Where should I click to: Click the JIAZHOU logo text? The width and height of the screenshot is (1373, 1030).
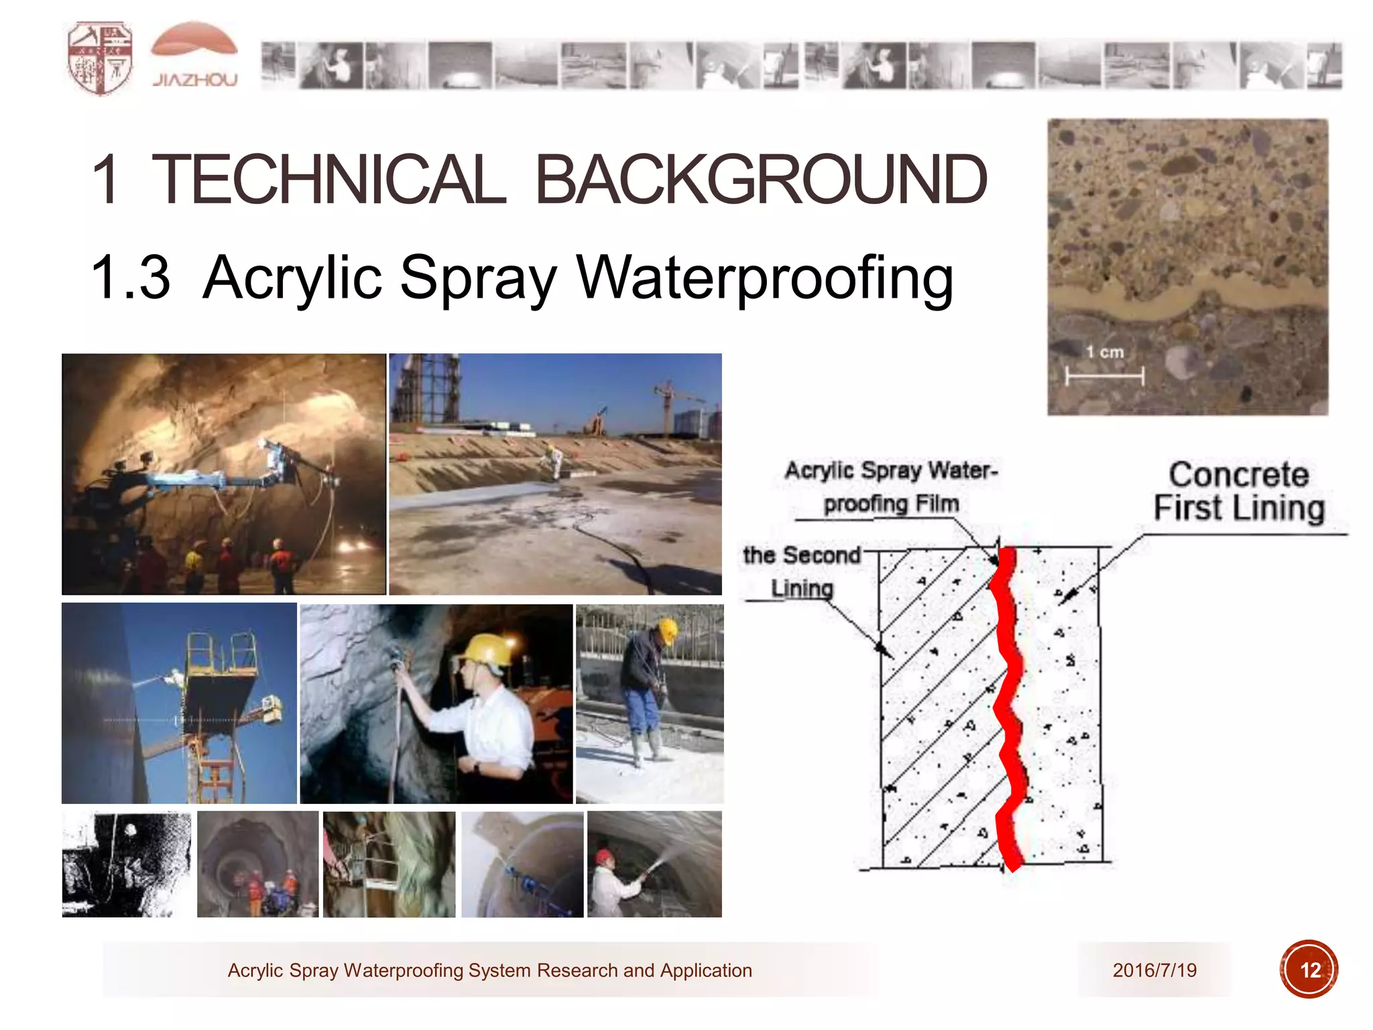[x=194, y=80]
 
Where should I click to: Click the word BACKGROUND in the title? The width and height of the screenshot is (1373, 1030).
[x=760, y=180]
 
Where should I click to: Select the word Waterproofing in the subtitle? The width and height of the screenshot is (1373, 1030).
[x=764, y=278]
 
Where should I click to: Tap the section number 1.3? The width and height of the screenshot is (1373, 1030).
[x=131, y=278]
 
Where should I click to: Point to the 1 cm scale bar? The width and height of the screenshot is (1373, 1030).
[x=1105, y=376]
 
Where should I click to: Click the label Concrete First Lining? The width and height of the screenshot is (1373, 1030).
[x=1239, y=492]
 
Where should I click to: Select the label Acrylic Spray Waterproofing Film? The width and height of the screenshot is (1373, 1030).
[x=891, y=487]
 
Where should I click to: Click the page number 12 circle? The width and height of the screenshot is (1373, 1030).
[x=1309, y=970]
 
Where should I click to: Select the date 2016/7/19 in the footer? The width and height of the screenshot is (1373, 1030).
[x=1154, y=970]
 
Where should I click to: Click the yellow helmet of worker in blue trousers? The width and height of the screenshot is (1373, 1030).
[x=668, y=629]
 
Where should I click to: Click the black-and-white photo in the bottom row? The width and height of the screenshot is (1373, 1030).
[x=126, y=864]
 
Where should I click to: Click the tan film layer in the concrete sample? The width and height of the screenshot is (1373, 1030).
[x=1187, y=300]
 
